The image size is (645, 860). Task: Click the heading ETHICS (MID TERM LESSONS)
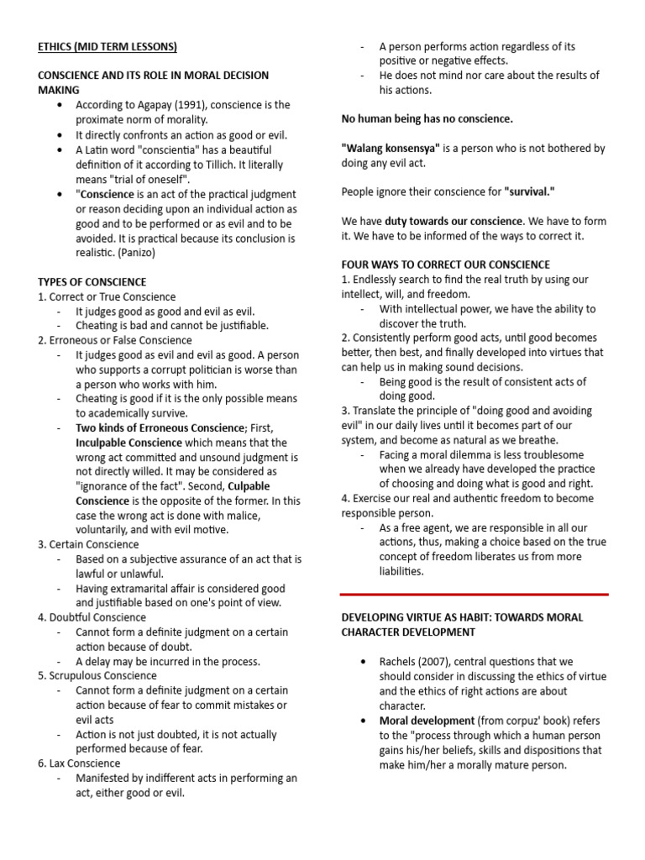107,46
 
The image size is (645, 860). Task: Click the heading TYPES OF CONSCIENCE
92,281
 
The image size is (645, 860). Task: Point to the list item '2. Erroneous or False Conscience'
115,340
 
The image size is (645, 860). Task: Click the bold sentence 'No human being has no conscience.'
427,118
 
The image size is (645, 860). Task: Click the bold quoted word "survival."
531,191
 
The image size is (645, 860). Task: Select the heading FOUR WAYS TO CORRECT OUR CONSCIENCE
445,265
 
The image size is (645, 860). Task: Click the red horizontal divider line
474,594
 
